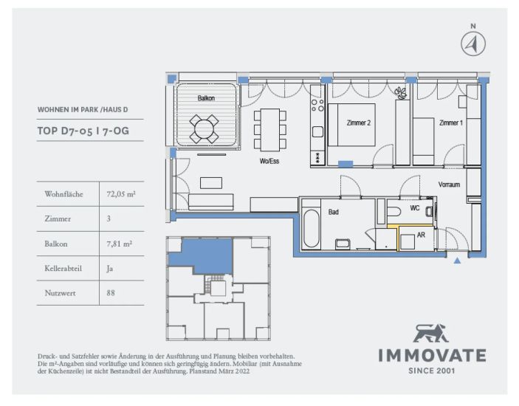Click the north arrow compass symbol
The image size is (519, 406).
click(x=473, y=44)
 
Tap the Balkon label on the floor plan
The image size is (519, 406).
click(x=206, y=98)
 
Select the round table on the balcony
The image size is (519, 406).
click(x=204, y=128)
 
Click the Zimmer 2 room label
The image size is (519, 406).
click(x=359, y=123)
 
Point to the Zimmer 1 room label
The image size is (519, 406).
click(x=451, y=123)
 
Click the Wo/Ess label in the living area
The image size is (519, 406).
click(x=269, y=161)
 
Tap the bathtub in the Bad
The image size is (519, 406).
click(x=311, y=228)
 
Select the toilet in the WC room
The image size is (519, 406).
click(x=394, y=211)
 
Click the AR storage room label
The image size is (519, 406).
click(x=421, y=235)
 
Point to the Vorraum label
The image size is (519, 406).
click(x=449, y=185)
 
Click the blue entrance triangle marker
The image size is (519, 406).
click(x=457, y=261)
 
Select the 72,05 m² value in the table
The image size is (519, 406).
click(x=121, y=194)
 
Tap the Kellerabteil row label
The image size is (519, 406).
click(x=63, y=268)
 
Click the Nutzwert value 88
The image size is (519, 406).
click(x=111, y=293)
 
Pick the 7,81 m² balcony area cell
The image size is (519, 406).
click(x=119, y=244)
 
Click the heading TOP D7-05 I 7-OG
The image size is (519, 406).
click(x=83, y=131)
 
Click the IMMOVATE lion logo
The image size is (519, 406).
click(x=430, y=333)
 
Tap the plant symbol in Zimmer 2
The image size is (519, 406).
click(x=401, y=93)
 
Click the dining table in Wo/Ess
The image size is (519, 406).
click(x=270, y=129)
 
